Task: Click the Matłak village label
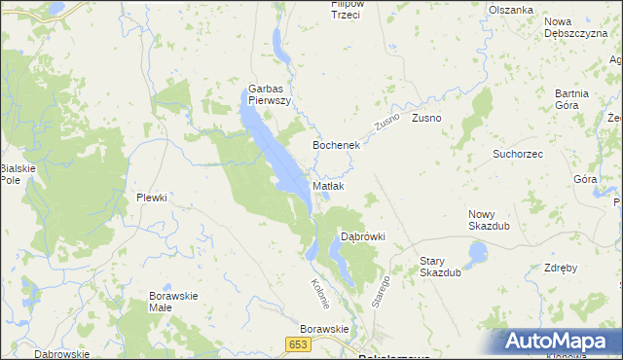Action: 328,186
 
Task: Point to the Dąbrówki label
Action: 362,236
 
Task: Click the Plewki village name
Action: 152,198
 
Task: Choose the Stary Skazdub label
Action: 440,267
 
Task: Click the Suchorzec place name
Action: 518,154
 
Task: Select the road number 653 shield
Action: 298,344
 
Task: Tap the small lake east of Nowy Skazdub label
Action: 477,254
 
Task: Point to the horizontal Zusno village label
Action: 426,119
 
